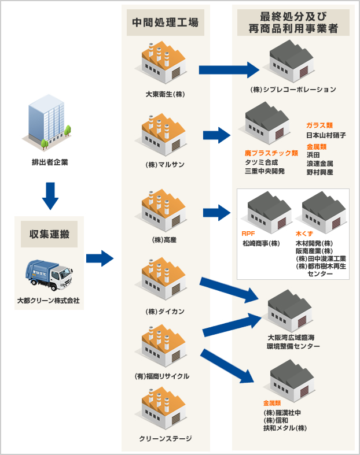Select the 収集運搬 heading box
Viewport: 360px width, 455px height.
49,234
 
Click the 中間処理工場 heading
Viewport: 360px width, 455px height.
166,23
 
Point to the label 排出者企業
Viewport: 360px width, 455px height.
50,162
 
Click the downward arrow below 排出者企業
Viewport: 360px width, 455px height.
50,195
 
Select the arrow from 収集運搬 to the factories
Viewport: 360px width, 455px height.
100,258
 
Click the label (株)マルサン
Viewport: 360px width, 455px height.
166,164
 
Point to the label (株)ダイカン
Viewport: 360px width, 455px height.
166,311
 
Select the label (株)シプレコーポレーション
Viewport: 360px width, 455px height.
293,90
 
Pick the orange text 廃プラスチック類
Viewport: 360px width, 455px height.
271,153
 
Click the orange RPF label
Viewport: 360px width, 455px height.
248,234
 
